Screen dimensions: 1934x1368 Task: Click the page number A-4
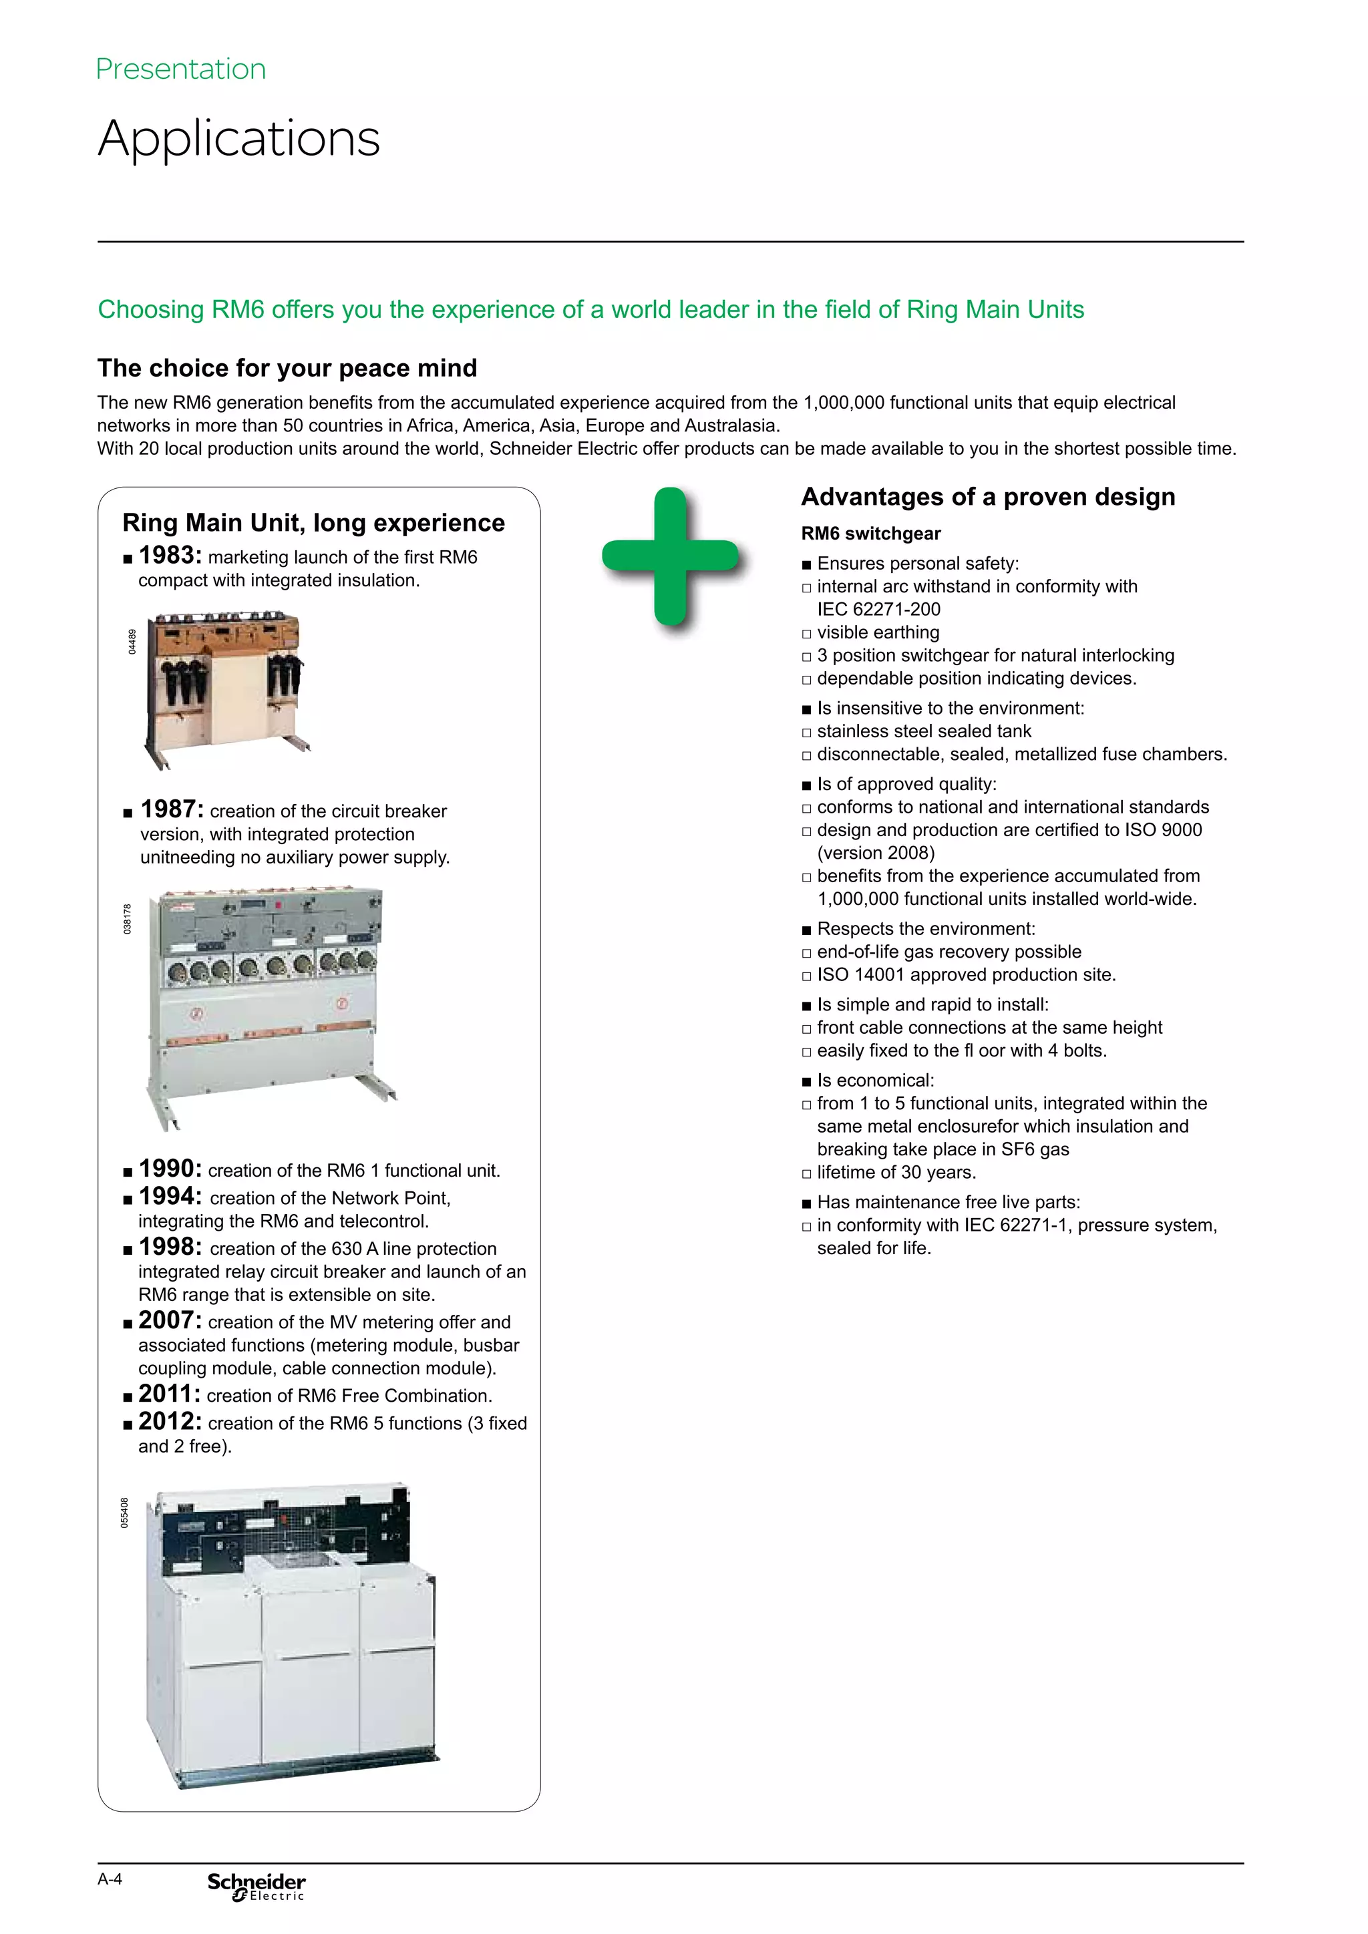pyautogui.click(x=110, y=1879)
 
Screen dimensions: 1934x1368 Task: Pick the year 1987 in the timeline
pyautogui.click(x=172, y=809)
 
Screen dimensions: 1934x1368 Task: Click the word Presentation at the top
pyautogui.click(x=181, y=69)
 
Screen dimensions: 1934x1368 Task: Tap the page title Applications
pyautogui.click(x=239, y=138)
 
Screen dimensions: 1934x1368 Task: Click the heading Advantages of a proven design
pyautogui.click(x=988, y=497)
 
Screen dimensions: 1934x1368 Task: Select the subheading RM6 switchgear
pyautogui.click(x=871, y=533)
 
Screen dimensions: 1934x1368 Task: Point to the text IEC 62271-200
pyautogui.click(x=878, y=609)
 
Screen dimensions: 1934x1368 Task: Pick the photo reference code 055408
pyautogui.click(x=125, y=1513)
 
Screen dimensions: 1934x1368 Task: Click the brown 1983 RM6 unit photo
pyautogui.click(x=226, y=687)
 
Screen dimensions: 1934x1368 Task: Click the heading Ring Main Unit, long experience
pyautogui.click(x=313, y=523)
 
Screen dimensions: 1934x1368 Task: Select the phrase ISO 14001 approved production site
pyautogui.click(x=965, y=974)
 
